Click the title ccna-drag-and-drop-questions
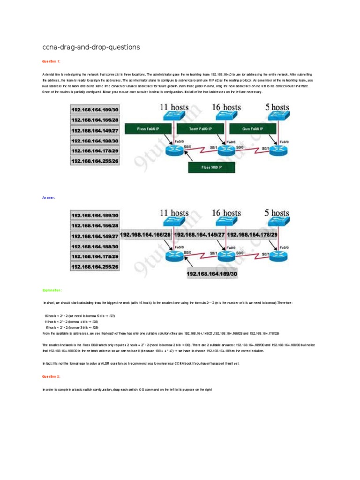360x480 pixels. [91, 47]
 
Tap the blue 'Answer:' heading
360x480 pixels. [49, 198]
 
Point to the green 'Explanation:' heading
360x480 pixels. [52, 290]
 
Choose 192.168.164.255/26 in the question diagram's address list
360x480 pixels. [94, 161]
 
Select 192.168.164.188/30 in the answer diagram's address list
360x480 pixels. [94, 246]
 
